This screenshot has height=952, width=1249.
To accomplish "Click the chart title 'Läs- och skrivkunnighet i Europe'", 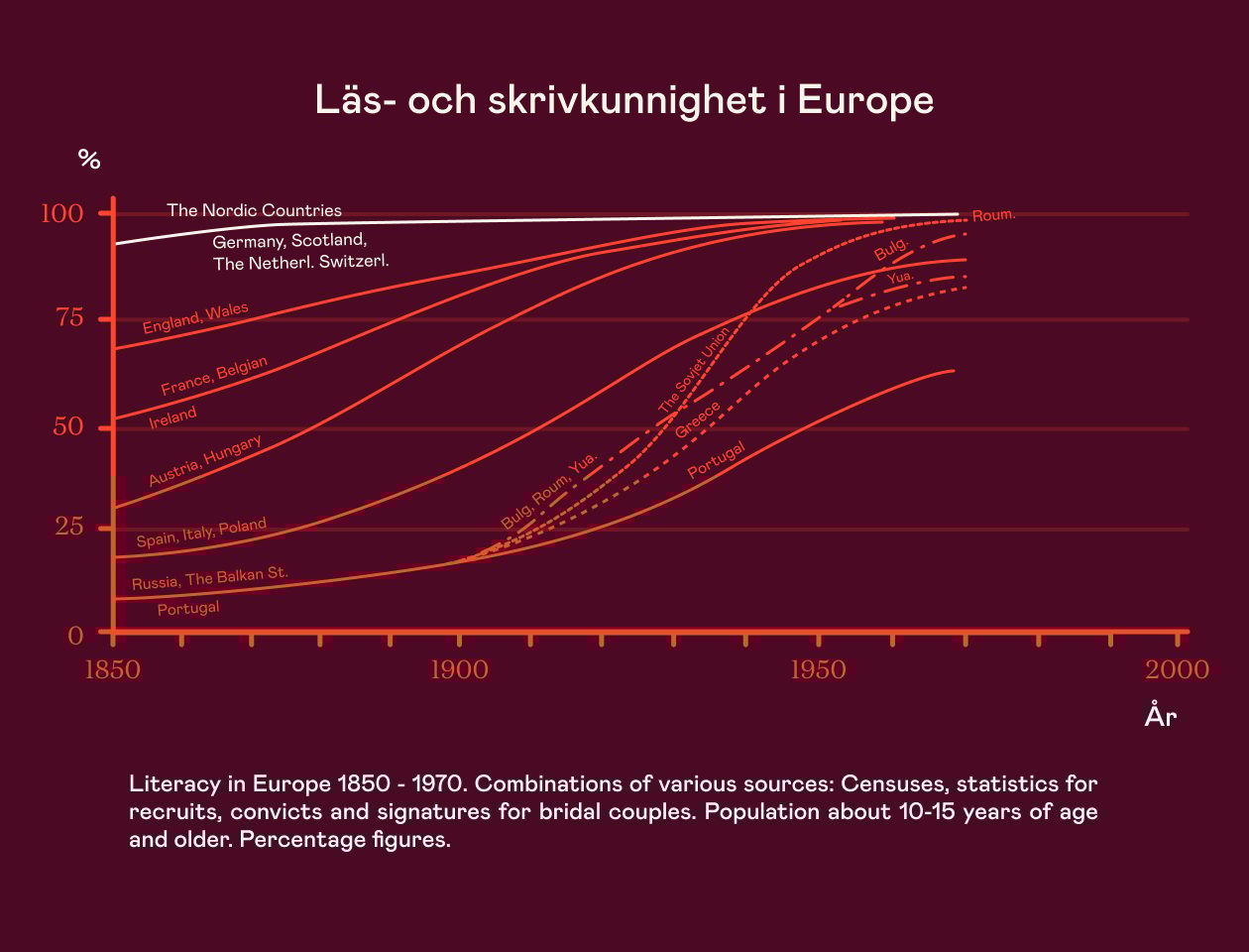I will (x=624, y=100).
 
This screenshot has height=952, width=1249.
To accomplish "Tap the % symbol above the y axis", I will (x=89, y=159).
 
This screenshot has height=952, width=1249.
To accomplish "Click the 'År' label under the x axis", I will (x=1160, y=715).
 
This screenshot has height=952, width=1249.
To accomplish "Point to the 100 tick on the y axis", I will (x=75, y=213).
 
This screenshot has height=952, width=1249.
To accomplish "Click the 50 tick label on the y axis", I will (x=68, y=427).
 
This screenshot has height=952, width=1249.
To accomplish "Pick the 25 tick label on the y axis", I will (x=69, y=527).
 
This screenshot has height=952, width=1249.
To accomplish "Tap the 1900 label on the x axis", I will (x=459, y=670).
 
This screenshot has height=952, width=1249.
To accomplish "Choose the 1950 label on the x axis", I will (x=818, y=670).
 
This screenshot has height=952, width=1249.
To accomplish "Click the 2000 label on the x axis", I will (x=1177, y=670).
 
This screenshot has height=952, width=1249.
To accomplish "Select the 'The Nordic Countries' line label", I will (x=254, y=210).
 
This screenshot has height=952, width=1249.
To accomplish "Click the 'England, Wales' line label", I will (x=195, y=318).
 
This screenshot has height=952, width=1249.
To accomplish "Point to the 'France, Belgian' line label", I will (x=214, y=376).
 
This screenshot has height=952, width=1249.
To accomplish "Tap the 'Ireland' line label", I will (x=172, y=417).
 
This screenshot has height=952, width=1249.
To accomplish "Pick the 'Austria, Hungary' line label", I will (x=205, y=461).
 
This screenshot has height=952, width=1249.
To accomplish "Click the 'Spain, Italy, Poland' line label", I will (x=201, y=533).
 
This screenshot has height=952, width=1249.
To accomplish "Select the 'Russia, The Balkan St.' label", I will (x=209, y=578).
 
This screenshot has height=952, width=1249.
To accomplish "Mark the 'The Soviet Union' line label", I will (x=694, y=371).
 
